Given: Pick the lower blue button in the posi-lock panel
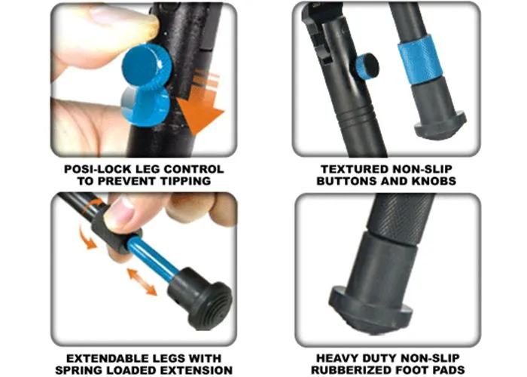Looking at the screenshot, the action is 145,107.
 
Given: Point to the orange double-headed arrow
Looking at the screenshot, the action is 142,282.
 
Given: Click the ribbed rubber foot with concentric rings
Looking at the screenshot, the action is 201,299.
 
